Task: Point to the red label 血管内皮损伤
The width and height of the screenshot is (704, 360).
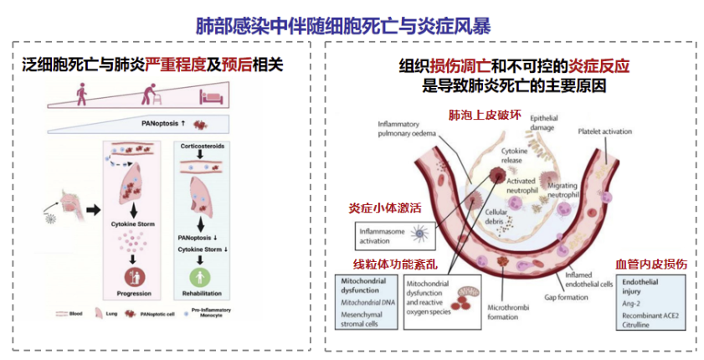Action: (x=652, y=263)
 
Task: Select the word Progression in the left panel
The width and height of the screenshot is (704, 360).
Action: (x=130, y=294)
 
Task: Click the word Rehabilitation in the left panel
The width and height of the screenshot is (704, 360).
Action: (x=201, y=294)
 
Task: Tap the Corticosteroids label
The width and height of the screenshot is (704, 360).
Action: (x=201, y=145)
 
